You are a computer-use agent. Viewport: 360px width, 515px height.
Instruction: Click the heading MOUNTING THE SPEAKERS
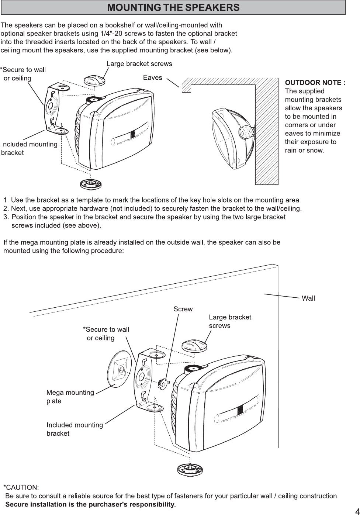[173, 7]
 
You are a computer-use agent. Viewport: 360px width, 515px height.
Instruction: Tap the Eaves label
[152, 77]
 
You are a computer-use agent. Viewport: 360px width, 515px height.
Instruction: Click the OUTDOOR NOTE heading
[315, 83]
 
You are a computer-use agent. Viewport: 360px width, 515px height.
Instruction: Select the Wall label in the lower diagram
[308, 298]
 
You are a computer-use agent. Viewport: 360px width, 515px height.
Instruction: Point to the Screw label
[183, 309]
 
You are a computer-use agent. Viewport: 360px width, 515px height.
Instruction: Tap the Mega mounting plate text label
[70, 397]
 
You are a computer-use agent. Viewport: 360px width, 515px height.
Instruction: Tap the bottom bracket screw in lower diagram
[190, 469]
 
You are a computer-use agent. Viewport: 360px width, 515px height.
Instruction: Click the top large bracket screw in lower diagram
[194, 346]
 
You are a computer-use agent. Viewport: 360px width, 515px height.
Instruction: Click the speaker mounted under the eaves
[232, 138]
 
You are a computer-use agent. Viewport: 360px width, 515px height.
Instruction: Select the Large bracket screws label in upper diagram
[139, 64]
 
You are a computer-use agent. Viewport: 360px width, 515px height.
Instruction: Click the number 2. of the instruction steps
[6, 208]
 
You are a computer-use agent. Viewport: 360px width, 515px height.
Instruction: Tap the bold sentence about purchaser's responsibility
[91, 504]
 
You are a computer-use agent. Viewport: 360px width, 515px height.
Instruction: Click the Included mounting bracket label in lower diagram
[75, 429]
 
